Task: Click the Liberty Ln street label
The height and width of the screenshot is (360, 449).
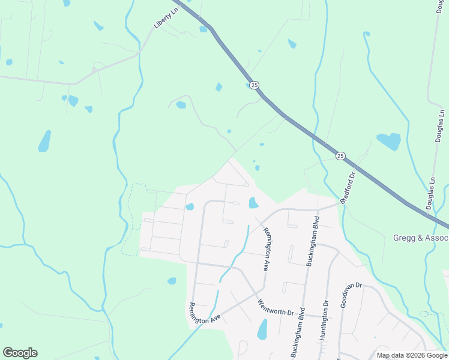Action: [x=166, y=18]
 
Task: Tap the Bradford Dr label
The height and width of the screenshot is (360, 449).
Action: [x=348, y=187]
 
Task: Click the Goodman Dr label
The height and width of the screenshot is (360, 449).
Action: [x=351, y=295]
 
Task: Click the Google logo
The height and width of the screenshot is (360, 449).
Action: [x=20, y=353]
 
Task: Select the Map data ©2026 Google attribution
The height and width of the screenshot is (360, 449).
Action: [x=412, y=355]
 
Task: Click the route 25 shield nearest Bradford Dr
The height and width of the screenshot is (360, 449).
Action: [x=340, y=156]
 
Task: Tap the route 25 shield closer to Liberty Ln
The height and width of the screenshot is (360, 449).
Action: [x=255, y=85]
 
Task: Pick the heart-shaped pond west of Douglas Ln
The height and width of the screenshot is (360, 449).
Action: [x=389, y=141]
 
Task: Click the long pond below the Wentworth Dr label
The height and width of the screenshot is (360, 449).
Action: [x=262, y=329]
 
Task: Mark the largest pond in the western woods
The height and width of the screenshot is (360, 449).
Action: [x=44, y=141]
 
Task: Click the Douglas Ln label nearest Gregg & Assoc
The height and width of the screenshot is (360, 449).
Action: [x=430, y=193]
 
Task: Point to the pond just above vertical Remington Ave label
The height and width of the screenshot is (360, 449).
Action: [x=253, y=203]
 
